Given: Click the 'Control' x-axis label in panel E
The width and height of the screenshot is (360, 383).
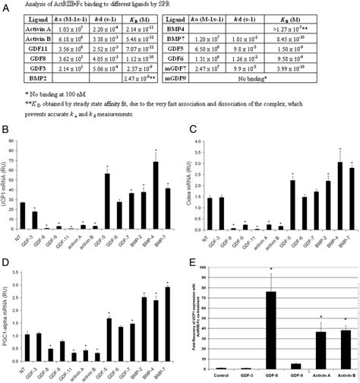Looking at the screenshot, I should (219, 375).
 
